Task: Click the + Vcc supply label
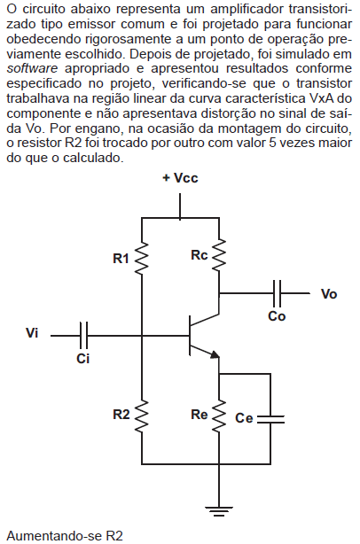point(180,178)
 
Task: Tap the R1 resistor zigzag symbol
point(142,259)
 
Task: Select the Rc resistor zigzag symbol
point(219,255)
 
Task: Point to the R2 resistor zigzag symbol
point(142,416)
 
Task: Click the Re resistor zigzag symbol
point(219,416)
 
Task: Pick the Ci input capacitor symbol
point(83,336)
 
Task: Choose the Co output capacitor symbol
point(277,293)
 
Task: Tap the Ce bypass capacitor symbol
point(270,419)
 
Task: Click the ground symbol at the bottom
point(219,511)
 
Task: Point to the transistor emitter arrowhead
point(215,354)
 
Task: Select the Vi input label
point(32,333)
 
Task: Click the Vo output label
point(329,294)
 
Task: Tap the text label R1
point(121,259)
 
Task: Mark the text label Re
point(199,415)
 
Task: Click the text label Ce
point(244,418)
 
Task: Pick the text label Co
point(277,316)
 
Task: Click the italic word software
point(32,69)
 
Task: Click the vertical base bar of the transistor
point(190,336)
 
